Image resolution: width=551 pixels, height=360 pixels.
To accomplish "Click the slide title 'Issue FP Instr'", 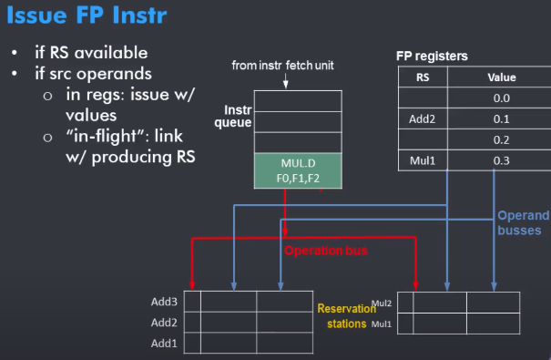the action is tap(87, 15).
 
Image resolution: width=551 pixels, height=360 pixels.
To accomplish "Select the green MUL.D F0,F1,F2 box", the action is tap(298, 170).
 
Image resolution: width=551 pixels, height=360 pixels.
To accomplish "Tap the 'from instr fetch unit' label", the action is tap(282, 66).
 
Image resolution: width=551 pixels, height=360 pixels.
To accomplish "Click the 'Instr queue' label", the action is tap(233, 116).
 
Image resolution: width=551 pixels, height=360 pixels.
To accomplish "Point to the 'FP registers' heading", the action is tap(432, 56).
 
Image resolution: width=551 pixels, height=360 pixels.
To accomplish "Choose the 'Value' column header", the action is tap(502, 77).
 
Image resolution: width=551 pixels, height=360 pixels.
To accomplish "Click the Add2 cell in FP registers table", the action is tap(422, 119).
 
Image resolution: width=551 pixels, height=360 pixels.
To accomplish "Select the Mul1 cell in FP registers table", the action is tap(423, 161).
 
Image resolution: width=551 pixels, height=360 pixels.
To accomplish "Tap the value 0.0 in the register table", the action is tap(502, 98).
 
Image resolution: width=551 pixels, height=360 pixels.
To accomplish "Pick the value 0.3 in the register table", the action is tap(502, 161).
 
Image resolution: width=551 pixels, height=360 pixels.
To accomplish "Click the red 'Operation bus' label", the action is tap(326, 251).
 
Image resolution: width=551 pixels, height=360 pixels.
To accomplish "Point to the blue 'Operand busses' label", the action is tap(524, 222).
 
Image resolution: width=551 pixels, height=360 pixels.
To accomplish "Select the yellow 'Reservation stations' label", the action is tap(347, 316).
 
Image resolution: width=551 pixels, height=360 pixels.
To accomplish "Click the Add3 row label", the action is tap(164, 302).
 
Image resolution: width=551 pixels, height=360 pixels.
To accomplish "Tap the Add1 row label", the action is tap(164, 343).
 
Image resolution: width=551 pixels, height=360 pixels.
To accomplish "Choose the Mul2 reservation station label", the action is tap(382, 303).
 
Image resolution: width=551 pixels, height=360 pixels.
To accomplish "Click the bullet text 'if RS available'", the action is tap(91, 53).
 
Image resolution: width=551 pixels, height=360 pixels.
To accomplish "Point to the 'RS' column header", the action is tap(423, 77).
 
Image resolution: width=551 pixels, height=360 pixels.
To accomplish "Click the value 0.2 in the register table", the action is tap(502, 140).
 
